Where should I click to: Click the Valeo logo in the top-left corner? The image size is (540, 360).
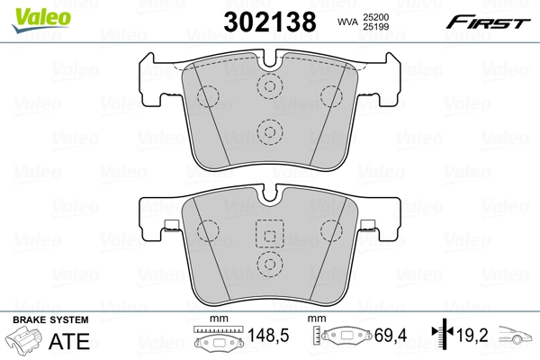(x=32, y=12)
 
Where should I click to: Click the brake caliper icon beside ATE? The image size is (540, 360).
(x=26, y=342)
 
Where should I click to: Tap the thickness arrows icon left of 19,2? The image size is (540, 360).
(x=443, y=337)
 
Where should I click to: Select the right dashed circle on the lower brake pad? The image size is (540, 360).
(x=329, y=229)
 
